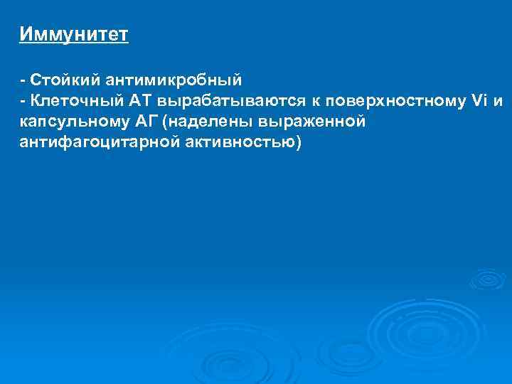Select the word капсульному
click(73, 122)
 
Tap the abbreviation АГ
click(145, 122)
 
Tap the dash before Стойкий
click(22, 80)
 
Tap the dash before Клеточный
click(22, 101)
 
